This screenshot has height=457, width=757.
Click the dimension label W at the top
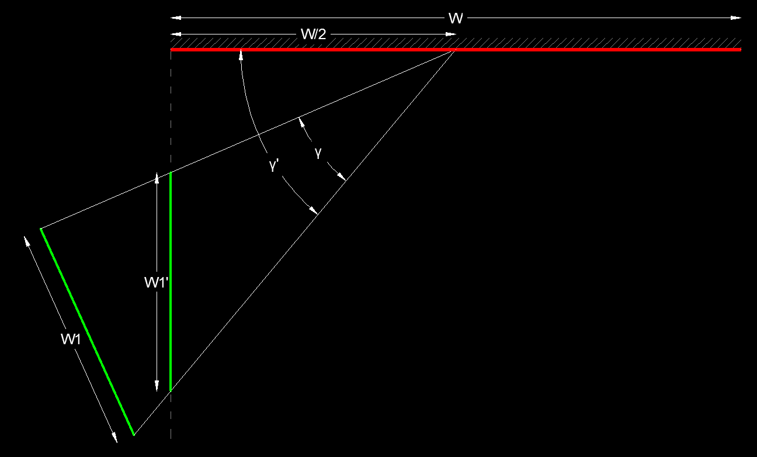tap(456, 19)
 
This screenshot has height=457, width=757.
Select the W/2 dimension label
tap(313, 34)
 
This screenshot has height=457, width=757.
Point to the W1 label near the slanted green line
tap(70, 339)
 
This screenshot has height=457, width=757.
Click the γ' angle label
tap(274, 165)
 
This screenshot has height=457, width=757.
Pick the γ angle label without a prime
tap(318, 152)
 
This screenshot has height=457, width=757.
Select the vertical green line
tap(171, 281)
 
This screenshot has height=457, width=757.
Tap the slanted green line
tap(88, 332)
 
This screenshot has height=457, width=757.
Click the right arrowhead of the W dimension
tap(737, 19)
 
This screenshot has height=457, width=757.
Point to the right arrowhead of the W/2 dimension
tap(451, 34)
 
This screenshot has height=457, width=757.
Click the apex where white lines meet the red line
tap(454, 51)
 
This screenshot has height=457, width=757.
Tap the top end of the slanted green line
tap(40, 228)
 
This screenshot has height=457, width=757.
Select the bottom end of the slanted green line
tap(134, 435)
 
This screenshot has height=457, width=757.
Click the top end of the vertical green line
tap(171, 173)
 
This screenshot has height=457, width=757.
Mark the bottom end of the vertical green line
tap(171, 390)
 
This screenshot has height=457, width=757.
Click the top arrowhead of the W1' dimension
tap(157, 176)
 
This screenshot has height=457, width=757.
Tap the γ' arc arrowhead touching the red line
tap(240, 54)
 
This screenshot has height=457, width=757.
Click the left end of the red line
tap(171, 50)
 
